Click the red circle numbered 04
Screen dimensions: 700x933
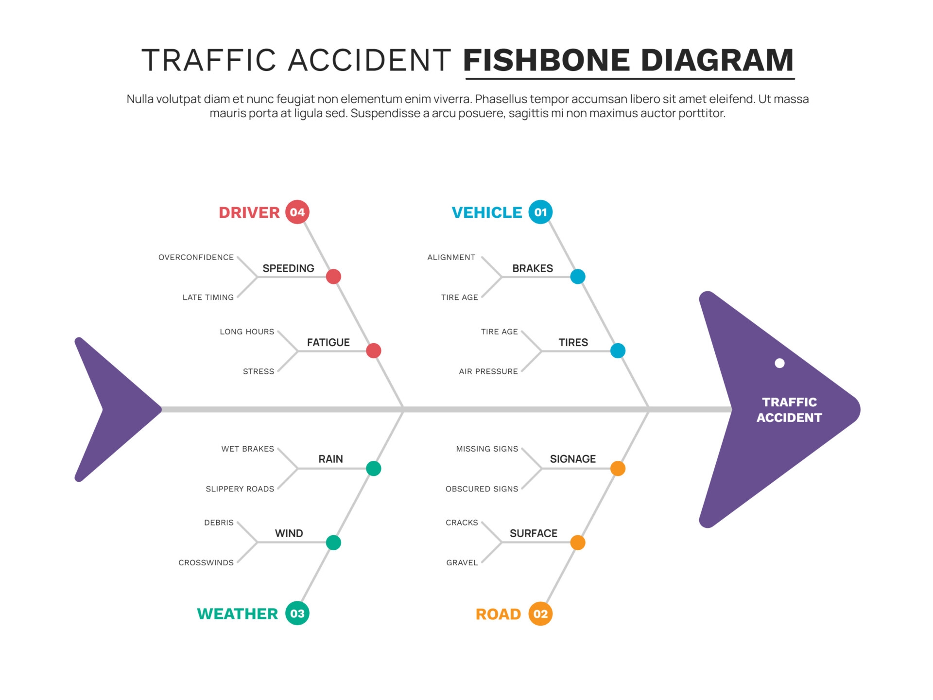tap(297, 212)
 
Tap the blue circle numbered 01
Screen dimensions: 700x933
tap(540, 212)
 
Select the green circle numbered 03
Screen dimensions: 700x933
tap(297, 613)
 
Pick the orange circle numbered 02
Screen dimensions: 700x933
tap(540, 614)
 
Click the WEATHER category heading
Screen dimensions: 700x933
tap(237, 614)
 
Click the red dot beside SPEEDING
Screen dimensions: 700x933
tap(333, 277)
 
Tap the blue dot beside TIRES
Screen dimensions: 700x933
tap(618, 350)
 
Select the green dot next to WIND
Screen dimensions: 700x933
tap(333, 542)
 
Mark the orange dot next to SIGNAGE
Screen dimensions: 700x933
tap(618, 469)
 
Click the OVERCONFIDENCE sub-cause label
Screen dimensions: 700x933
tap(196, 257)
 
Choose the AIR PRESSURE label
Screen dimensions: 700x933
tap(488, 371)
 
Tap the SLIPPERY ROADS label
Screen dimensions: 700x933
tap(240, 489)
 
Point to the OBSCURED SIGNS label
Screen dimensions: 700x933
tap(482, 489)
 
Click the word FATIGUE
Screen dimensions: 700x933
tap(328, 342)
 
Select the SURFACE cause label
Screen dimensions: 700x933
tap(533, 533)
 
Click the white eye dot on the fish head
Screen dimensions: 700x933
tap(779, 363)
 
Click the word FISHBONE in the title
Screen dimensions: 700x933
tap(546, 60)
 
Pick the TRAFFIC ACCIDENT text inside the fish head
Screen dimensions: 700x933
tap(789, 410)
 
